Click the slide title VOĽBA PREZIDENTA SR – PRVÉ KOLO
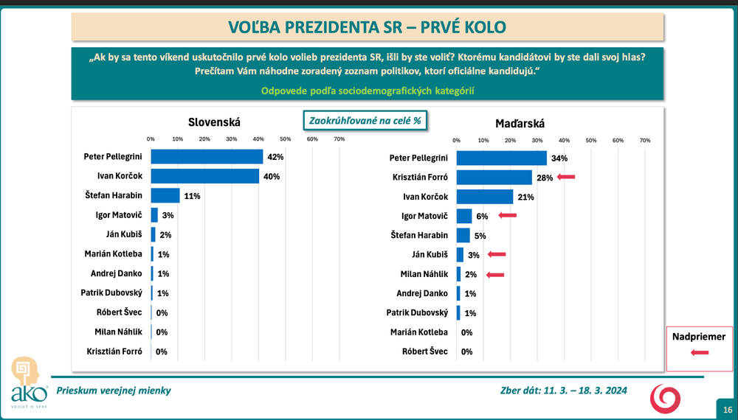click(x=368, y=27)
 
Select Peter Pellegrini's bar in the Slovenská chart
click(x=207, y=157)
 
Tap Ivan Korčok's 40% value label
click(x=272, y=176)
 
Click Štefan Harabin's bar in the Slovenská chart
click(x=165, y=195)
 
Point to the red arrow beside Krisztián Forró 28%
click(x=565, y=177)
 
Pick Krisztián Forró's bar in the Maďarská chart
click(x=494, y=178)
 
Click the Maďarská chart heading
click(x=524, y=124)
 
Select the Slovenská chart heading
click(x=215, y=122)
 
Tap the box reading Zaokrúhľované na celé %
click(x=366, y=120)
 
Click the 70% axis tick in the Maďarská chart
click(x=644, y=140)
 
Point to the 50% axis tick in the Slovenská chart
click(x=285, y=139)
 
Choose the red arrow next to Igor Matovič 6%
click(x=507, y=215)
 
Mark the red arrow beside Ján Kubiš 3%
click(x=496, y=254)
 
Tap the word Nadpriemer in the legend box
click(x=699, y=337)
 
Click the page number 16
click(x=727, y=410)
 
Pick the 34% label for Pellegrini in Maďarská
click(x=560, y=158)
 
